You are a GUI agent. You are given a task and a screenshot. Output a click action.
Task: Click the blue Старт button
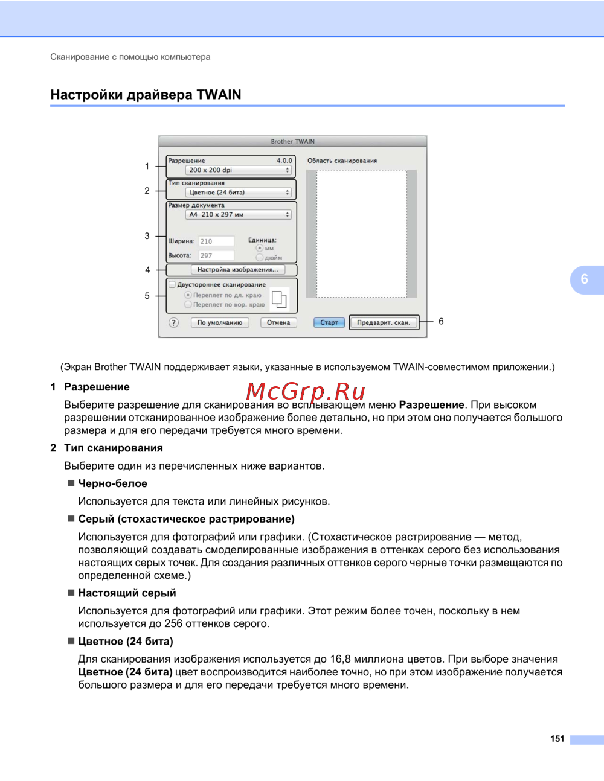point(329,322)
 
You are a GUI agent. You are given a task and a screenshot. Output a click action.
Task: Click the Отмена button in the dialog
point(278,322)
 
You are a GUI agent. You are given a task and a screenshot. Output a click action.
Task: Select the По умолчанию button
point(219,322)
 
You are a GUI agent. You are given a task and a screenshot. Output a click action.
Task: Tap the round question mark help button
point(174,322)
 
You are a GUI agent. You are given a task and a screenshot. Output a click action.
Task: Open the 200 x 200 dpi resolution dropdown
point(239,170)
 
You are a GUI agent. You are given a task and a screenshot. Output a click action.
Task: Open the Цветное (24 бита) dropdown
point(239,193)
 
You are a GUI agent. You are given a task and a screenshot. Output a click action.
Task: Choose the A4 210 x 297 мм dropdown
point(239,215)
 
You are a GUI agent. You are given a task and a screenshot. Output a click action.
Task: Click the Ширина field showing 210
point(216,241)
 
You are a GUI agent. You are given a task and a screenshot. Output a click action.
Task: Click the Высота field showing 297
point(216,256)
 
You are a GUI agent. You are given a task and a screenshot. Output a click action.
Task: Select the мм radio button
point(260,248)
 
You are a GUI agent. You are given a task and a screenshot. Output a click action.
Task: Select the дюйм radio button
point(260,258)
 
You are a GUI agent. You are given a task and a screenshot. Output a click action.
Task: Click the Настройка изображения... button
point(237,270)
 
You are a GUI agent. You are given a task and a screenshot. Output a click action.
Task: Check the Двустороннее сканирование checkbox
point(172,285)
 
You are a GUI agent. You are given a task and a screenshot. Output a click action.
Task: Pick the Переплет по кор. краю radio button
point(188,305)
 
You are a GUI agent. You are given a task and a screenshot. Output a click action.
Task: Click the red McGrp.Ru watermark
point(306,392)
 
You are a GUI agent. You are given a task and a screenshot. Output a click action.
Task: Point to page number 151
point(557,739)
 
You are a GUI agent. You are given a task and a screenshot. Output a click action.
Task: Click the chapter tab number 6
point(584,279)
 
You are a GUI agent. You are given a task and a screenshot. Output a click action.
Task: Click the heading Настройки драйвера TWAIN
point(146,95)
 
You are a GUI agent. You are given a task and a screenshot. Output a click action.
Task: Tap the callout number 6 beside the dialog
point(441,322)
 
